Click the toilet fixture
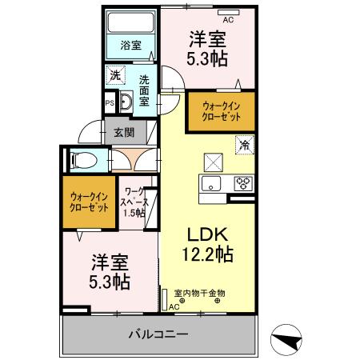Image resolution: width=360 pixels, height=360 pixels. pyautogui.click(x=82, y=160)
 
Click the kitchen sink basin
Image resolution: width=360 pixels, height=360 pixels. pyautogui.click(x=212, y=184)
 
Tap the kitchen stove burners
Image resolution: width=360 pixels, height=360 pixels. pyautogui.click(x=243, y=184)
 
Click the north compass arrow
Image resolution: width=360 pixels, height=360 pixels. pyautogui.click(x=288, y=342)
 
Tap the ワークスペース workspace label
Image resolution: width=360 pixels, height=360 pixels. pyautogui.click(x=134, y=202)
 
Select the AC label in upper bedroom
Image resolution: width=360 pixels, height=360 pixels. pyautogui.click(x=228, y=18)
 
